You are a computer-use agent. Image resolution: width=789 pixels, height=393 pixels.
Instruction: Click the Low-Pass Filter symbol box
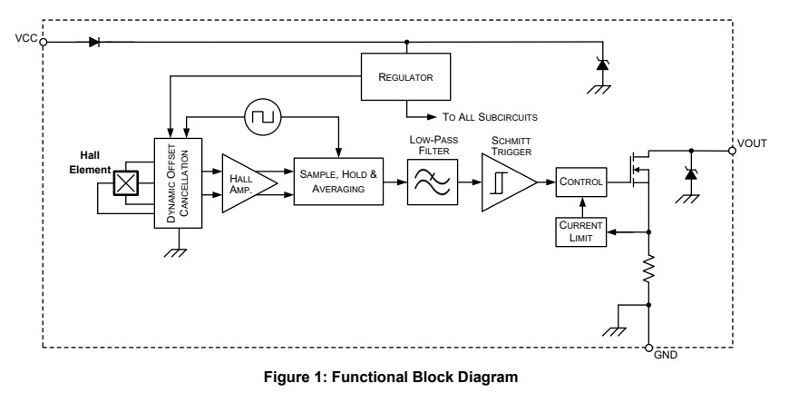[x=431, y=181]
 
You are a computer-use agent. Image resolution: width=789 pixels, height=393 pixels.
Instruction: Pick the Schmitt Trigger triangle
[x=505, y=181]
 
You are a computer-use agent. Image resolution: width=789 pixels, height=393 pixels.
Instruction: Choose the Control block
[x=580, y=182]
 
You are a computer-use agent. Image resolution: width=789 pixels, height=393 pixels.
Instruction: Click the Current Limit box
[x=580, y=231]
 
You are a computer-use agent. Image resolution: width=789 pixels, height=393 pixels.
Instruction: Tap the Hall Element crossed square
[x=124, y=184]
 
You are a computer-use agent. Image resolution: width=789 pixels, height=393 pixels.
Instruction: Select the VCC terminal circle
[x=44, y=41]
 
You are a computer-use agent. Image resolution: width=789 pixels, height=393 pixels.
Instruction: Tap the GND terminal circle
[x=648, y=348]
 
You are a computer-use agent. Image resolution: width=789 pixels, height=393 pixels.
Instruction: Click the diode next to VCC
[x=94, y=41]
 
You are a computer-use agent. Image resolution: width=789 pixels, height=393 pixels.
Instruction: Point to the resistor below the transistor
[x=648, y=270]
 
